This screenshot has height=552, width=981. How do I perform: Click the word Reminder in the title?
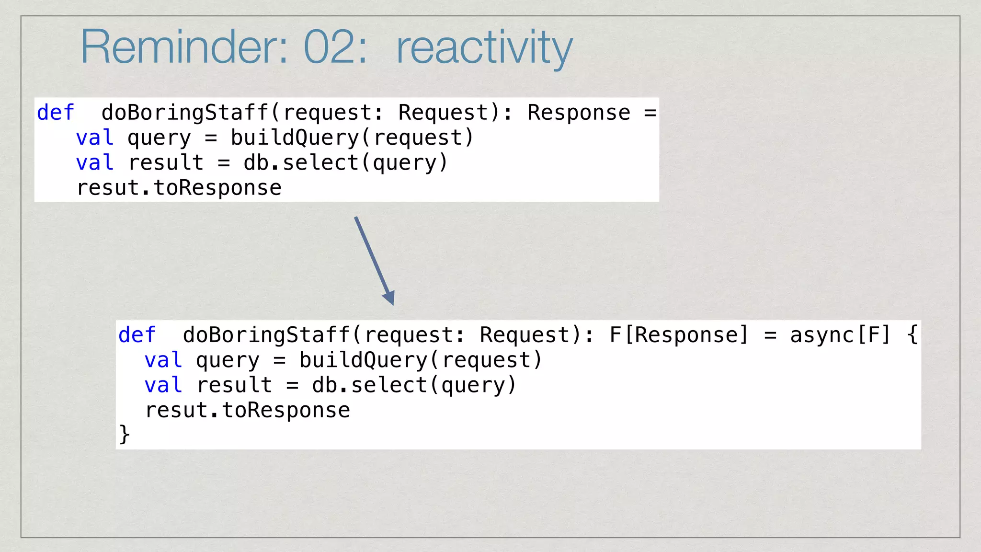[184, 47]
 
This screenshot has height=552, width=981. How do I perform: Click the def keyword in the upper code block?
[56, 113]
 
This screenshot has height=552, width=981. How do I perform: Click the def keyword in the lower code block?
[137, 335]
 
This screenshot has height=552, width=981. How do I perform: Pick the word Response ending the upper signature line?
[579, 113]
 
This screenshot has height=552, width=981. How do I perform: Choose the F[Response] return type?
[678, 335]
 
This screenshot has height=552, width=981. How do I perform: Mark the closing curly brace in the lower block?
[124, 434]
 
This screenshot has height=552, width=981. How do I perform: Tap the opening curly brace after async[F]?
[913, 335]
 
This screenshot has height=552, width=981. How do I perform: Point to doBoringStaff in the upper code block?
[185, 113]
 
